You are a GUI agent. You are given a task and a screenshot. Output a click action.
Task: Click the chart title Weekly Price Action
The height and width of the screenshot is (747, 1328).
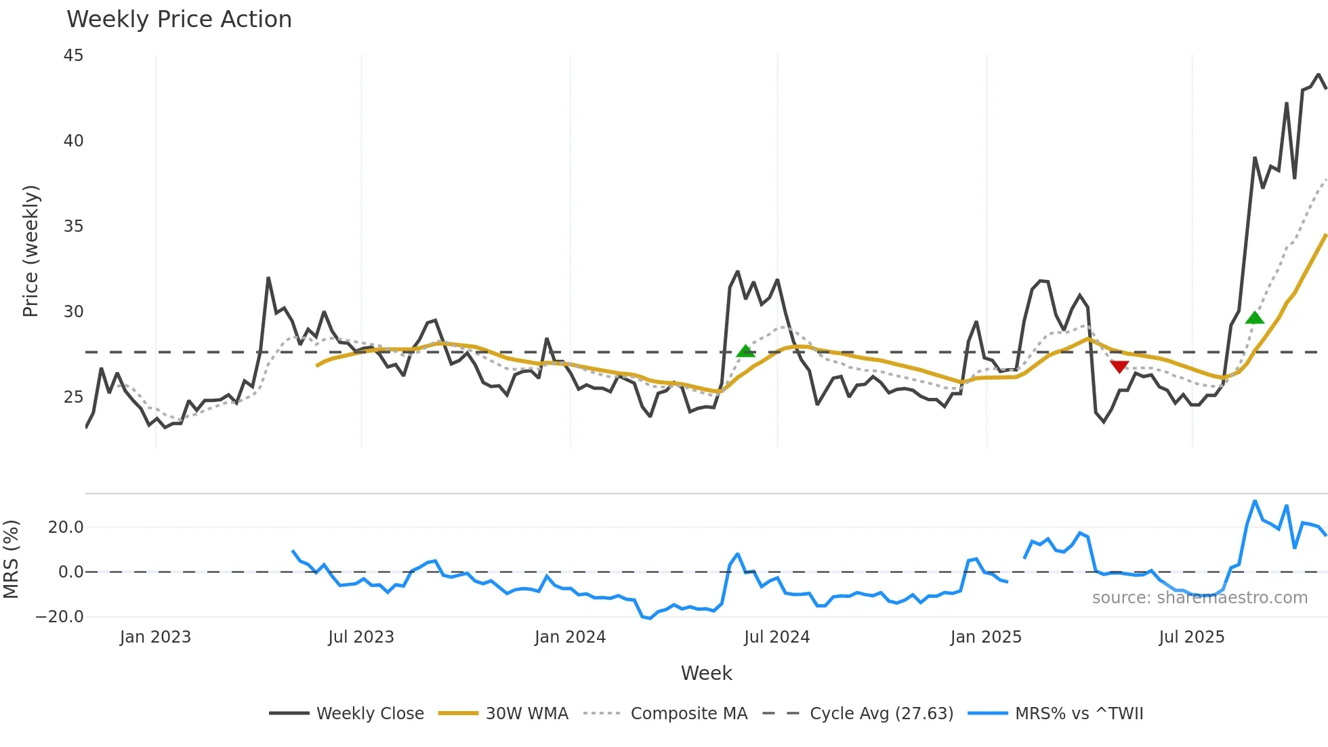[x=179, y=20]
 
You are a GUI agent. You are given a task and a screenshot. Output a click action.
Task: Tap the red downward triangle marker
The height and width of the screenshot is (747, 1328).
[x=1119, y=367]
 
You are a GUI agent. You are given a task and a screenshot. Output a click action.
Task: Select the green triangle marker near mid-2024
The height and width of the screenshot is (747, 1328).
[x=745, y=351]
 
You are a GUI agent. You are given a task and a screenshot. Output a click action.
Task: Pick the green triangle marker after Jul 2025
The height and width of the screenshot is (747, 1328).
[x=1255, y=318]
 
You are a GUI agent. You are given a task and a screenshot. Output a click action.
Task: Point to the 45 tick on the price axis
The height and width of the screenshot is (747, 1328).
[x=73, y=56]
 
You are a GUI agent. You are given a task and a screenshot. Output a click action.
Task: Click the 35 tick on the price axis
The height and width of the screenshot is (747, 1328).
[x=73, y=226]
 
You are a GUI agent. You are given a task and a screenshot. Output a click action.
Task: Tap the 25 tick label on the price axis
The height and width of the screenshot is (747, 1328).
[x=73, y=397]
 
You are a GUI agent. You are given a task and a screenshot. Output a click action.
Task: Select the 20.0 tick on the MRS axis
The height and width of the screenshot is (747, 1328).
[x=66, y=527]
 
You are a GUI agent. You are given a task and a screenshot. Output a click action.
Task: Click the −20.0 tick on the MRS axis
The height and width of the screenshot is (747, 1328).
[x=60, y=617]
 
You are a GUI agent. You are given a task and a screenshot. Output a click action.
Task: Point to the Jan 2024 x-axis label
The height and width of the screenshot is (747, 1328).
[x=570, y=637]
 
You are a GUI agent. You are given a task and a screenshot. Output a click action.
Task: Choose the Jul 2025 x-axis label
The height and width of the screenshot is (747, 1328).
[x=1192, y=637]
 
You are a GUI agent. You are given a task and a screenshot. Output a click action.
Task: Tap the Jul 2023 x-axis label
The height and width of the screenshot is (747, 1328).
[x=361, y=637]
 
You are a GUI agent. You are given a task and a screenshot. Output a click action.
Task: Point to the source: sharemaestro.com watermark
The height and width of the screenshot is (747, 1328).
[x=1199, y=598]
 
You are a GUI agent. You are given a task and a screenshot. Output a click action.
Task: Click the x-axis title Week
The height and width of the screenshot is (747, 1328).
[x=706, y=673]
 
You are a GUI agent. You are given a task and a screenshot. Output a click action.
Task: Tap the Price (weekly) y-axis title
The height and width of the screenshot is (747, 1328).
[x=31, y=251]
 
